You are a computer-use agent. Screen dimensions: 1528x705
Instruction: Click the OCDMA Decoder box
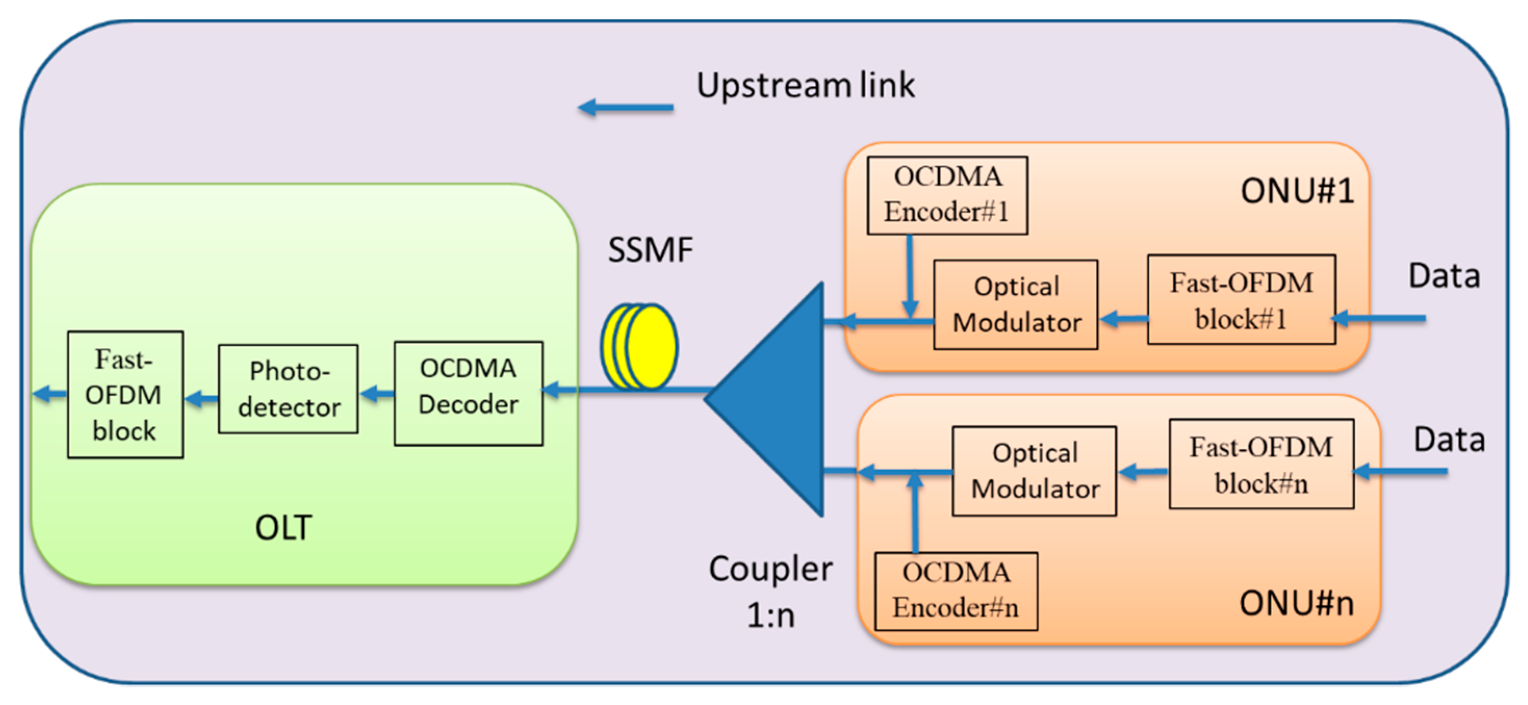coord(468,393)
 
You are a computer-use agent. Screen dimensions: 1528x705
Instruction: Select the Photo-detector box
coord(288,389)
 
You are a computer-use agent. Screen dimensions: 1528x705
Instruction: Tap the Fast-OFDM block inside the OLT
coord(125,394)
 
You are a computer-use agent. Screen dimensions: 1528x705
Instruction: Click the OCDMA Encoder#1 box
coord(947,195)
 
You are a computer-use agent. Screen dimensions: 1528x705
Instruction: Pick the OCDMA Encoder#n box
coord(956,591)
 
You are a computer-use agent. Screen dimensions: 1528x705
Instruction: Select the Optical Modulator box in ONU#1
coord(1016,304)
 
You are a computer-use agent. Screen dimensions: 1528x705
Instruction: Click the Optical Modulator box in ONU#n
coord(1034,471)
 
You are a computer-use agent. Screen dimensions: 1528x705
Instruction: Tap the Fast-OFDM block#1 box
coord(1241,299)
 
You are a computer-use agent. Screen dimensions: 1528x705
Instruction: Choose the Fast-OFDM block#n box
coord(1262,464)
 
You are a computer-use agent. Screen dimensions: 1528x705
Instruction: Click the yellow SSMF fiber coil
coord(639,346)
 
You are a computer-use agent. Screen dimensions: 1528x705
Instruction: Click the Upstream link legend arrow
coord(626,107)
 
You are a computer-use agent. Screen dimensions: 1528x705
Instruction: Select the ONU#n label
coord(1296,603)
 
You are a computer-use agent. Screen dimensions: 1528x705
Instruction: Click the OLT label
coord(283,527)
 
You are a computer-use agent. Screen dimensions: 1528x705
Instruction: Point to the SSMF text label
coord(650,250)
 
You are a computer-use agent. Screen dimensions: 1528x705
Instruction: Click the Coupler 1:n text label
coord(771,591)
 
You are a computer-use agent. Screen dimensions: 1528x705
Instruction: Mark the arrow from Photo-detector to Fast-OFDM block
coord(202,398)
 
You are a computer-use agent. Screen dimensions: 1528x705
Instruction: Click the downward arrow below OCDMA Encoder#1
coord(910,276)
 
